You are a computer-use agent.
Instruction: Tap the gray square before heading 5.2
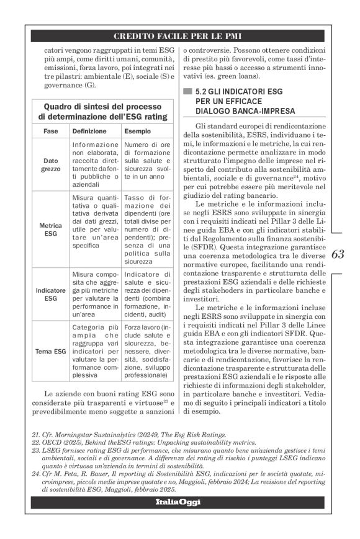point(186,91)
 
